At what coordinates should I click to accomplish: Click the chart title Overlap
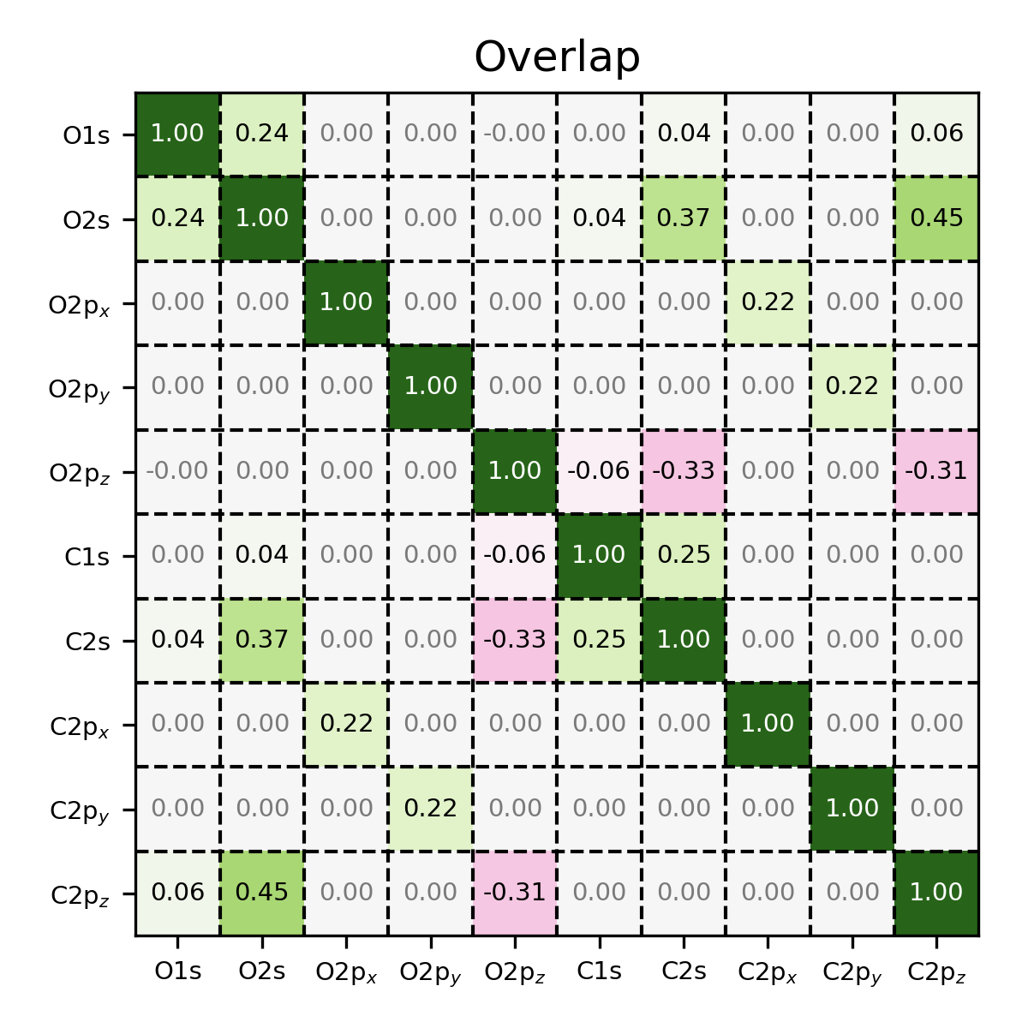pyautogui.click(x=557, y=57)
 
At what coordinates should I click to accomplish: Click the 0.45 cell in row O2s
pyautogui.click(x=936, y=218)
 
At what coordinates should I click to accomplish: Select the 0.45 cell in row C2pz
pyautogui.click(x=262, y=893)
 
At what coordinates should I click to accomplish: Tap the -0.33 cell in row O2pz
pyautogui.click(x=684, y=471)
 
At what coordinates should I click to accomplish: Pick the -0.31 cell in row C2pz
pyautogui.click(x=515, y=893)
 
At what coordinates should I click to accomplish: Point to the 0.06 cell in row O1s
pyautogui.click(x=936, y=134)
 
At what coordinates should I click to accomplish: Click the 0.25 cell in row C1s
pyautogui.click(x=684, y=555)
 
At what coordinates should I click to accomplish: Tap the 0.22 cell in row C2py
pyautogui.click(x=430, y=809)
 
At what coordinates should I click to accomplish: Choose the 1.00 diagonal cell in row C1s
pyautogui.click(x=599, y=555)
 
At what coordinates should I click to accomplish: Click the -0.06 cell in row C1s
pyautogui.click(x=515, y=555)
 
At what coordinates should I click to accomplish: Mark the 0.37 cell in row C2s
pyautogui.click(x=262, y=639)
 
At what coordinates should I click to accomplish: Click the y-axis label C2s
pyautogui.click(x=87, y=641)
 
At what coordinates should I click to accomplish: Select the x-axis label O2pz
pyautogui.click(x=515, y=972)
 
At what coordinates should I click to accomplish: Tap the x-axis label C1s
pyautogui.click(x=599, y=971)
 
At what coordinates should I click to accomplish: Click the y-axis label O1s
pyautogui.click(x=87, y=134)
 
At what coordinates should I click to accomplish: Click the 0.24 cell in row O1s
pyautogui.click(x=262, y=134)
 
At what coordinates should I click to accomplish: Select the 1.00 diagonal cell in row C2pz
pyautogui.click(x=936, y=893)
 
